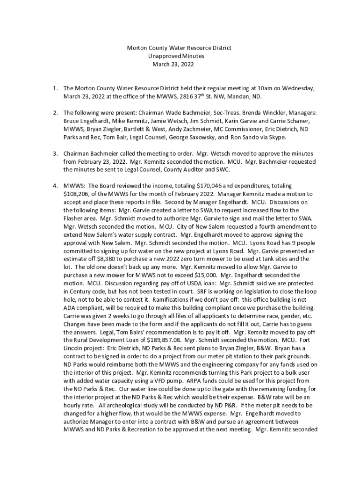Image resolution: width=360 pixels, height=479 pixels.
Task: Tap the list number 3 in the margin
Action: (55, 153)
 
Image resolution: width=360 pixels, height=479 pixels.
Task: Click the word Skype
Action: (276, 138)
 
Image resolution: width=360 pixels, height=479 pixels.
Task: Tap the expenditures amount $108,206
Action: (75, 194)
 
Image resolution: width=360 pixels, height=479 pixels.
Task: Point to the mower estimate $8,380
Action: (105, 259)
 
